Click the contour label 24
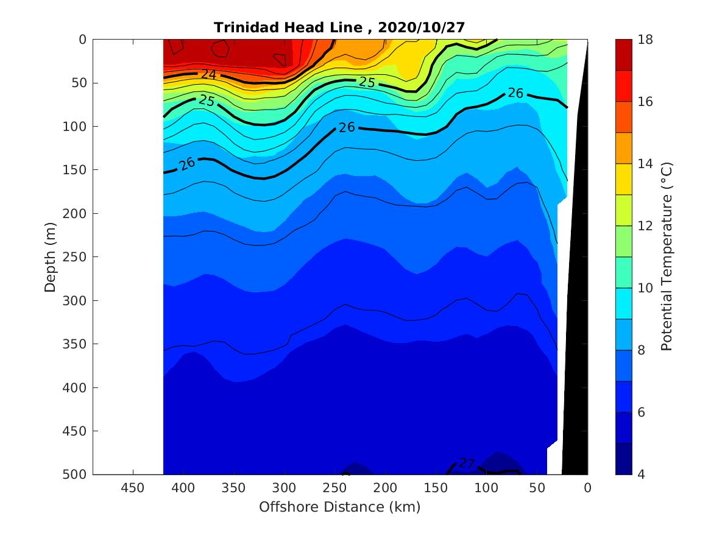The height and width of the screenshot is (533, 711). click(209, 74)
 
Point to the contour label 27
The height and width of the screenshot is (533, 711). click(466, 464)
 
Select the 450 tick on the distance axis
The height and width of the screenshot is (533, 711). click(133, 488)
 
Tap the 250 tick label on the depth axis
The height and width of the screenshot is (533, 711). click(77, 257)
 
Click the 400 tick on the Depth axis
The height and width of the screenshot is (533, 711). click(77, 387)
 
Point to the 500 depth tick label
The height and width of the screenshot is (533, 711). click(77, 475)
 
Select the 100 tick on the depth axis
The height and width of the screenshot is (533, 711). click(77, 127)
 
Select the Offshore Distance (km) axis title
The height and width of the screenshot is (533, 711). click(339, 507)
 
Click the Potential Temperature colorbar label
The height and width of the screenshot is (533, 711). click(667, 257)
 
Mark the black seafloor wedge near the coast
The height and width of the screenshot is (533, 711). click(576, 305)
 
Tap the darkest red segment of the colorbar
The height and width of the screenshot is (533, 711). click(623, 54)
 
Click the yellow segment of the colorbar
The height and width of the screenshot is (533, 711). click(623, 179)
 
